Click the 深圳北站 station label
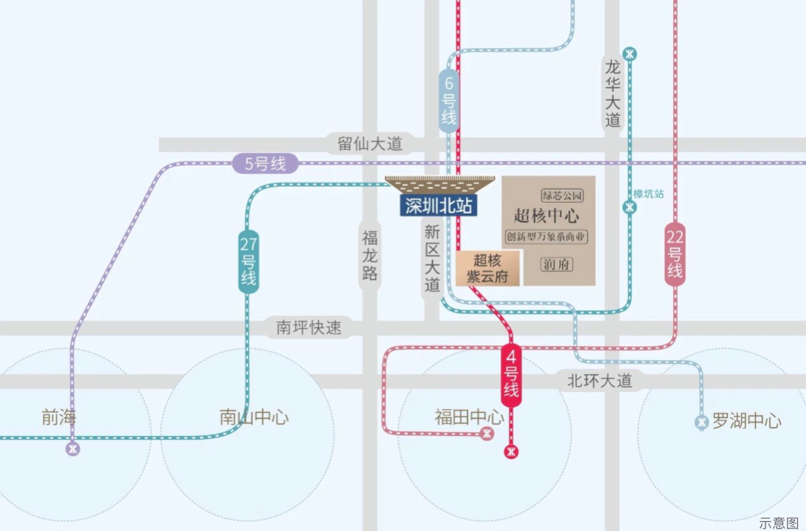pos(439,205)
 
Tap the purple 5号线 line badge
pos(265,163)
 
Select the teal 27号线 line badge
pos(248,261)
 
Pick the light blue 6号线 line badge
pos(449,100)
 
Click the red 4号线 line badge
pos(511,375)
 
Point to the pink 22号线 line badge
pos(675,254)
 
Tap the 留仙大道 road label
pos(370,144)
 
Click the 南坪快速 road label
pos(308,327)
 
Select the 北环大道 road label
pos(600,381)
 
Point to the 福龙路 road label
pos(370,256)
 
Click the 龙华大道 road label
pos(612,93)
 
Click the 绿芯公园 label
pos(563,195)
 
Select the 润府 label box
pos(556,264)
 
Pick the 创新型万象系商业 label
pos(546,237)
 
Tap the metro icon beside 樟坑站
pos(630,207)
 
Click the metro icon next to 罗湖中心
pos(703,422)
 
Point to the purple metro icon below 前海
pos(73,449)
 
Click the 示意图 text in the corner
pos(779,523)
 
